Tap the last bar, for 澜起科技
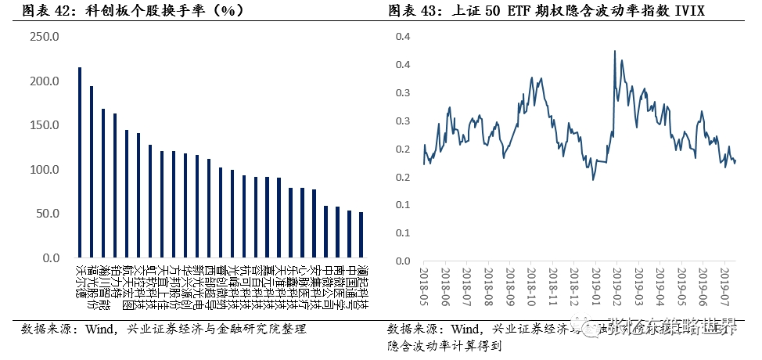pyautogui.click(x=361, y=235)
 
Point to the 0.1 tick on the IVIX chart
pyautogui.click(x=404, y=232)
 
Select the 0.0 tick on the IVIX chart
pyautogui.click(x=404, y=261)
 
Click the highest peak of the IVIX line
pyautogui.click(x=615, y=51)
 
